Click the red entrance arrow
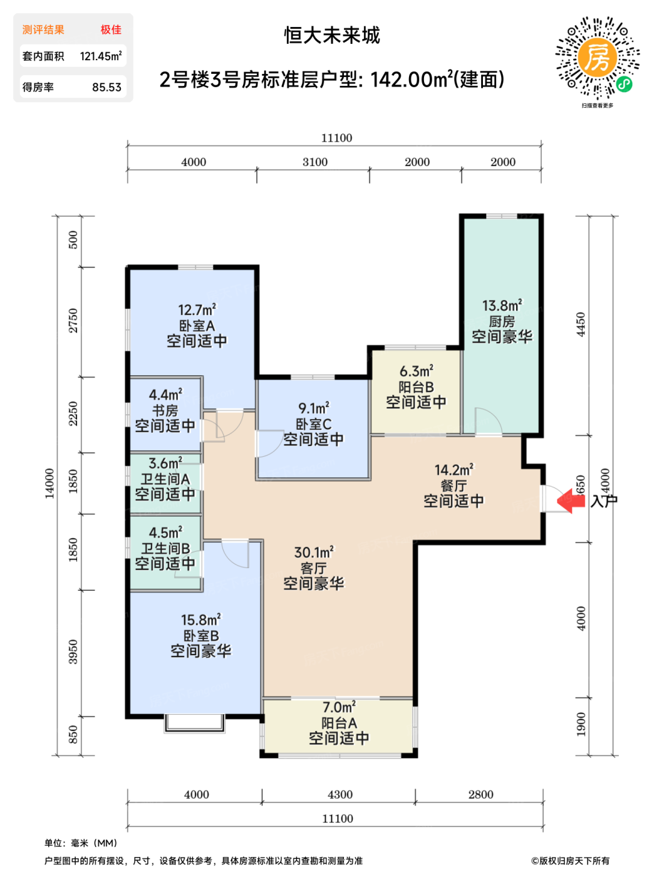point(570,501)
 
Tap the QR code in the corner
point(597,58)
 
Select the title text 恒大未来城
point(331,36)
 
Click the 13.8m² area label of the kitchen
point(501,306)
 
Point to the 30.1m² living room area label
point(314,552)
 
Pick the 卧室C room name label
point(313,424)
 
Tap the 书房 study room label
point(165,410)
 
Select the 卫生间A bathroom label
point(165,479)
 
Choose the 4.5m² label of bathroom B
point(165,532)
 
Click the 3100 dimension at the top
point(315,162)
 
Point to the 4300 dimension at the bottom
point(340,794)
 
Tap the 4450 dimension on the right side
point(581,324)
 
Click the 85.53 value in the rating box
point(106,87)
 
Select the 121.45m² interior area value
point(101,56)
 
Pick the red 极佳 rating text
point(111,29)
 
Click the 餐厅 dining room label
point(454,486)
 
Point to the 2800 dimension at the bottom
point(480,794)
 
